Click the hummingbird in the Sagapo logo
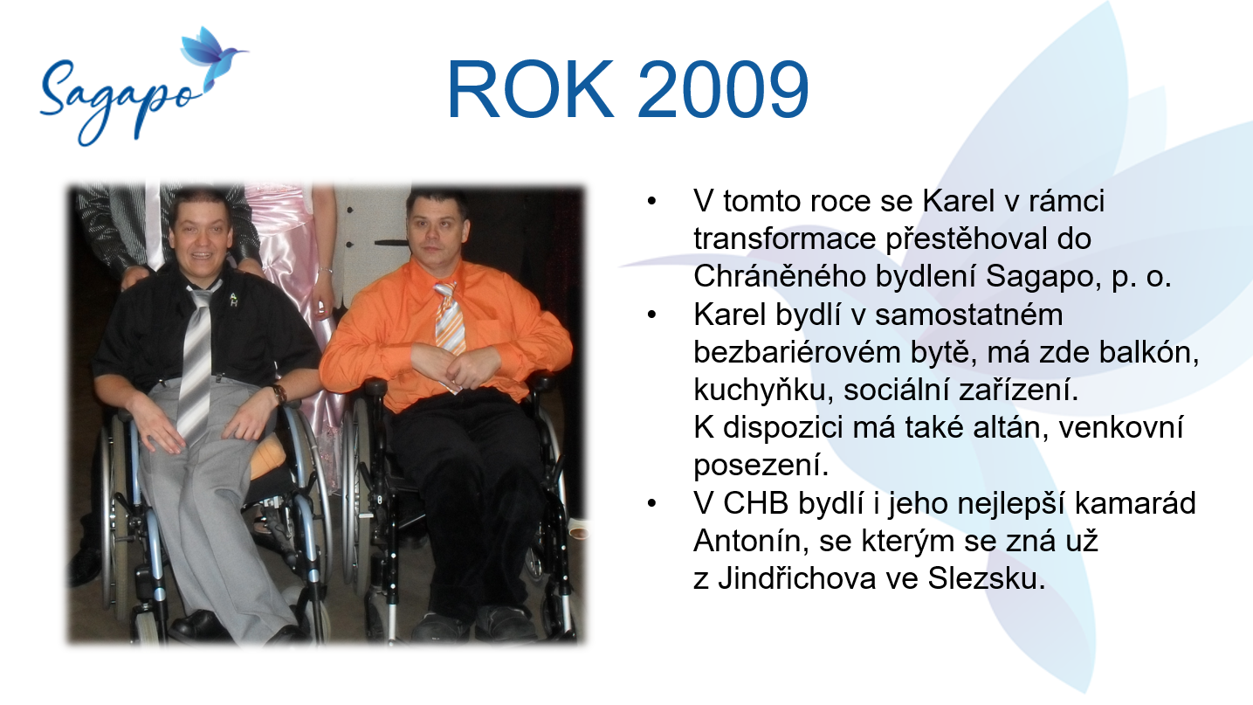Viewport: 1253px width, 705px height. [211, 55]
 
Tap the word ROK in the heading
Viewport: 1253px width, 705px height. [530, 89]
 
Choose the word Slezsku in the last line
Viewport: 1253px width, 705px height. [986, 578]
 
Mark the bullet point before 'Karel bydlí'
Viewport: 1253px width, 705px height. [651, 315]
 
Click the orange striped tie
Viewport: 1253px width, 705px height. [450, 319]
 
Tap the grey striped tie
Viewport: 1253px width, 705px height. [197, 363]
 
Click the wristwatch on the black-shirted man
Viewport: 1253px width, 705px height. [278, 393]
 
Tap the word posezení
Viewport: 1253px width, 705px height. [761, 465]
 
